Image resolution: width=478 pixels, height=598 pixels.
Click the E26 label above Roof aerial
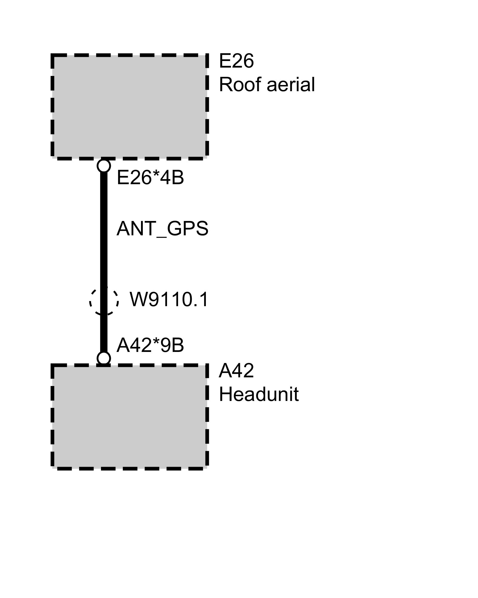coord(236,61)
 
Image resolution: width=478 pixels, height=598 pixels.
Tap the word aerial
coord(290,85)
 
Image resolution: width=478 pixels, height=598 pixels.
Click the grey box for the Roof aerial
coord(130,106)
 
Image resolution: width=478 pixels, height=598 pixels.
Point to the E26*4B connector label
coord(150,178)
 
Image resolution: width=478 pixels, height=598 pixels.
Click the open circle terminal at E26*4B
coord(104,166)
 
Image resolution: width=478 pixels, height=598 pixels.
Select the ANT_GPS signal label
coord(162,229)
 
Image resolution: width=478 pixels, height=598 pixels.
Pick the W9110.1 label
coord(169,300)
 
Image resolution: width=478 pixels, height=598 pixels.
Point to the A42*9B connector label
coord(150,345)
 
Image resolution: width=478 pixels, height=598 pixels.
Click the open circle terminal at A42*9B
coord(104,358)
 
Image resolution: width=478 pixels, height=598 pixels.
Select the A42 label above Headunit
coord(236,371)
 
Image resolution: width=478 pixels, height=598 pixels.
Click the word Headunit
coord(259,394)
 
